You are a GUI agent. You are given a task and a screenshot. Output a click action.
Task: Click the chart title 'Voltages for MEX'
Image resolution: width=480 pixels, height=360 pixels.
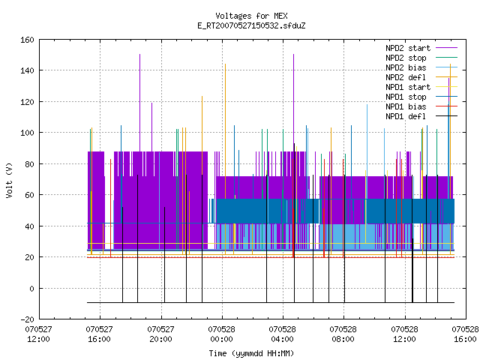coord(251,16)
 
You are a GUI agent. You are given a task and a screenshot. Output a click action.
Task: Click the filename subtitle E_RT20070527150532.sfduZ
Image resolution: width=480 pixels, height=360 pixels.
coord(251,25)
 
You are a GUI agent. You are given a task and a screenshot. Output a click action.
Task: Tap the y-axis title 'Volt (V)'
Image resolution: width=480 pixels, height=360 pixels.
coord(9,180)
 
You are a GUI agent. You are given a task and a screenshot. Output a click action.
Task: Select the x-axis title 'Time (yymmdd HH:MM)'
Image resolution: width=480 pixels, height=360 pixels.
coord(251,353)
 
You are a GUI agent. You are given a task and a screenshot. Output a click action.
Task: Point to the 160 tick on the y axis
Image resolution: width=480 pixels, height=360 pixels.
coord(27,40)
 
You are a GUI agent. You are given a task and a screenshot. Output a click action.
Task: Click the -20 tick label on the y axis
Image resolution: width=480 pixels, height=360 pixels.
coord(27,319)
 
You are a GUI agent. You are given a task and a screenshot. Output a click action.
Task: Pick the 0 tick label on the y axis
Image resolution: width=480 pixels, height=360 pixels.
coord(31,288)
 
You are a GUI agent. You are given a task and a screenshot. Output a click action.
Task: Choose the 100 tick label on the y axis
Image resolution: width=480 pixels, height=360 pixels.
coord(27,133)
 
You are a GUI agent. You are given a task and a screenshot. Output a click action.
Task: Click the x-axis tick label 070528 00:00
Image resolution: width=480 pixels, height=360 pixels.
coord(222,334)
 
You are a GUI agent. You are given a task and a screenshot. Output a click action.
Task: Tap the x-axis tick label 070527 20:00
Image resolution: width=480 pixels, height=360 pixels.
coord(160,334)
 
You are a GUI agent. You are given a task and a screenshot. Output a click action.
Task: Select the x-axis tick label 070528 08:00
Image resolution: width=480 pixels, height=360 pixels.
coord(343,334)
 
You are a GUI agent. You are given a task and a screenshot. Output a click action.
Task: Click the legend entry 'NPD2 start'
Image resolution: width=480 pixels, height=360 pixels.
coord(421,48)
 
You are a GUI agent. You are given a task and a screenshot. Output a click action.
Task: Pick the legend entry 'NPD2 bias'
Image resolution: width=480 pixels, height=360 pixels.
coord(421,67)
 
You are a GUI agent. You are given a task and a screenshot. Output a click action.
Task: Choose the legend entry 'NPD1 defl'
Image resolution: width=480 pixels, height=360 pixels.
coord(421,116)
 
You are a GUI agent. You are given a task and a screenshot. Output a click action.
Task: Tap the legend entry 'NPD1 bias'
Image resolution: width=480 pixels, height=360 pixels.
coord(421,106)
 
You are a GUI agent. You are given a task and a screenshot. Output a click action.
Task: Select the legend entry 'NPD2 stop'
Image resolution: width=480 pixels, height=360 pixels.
coord(421,58)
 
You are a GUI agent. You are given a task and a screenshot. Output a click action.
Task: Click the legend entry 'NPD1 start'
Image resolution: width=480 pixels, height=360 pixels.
coord(421,87)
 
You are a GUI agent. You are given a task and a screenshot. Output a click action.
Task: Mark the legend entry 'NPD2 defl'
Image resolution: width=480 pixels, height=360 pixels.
coord(421,77)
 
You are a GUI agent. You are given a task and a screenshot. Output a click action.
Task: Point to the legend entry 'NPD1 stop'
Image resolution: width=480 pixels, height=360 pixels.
coord(421,97)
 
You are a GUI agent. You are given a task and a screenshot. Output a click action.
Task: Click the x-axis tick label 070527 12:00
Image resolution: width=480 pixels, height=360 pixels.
coord(38,334)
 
